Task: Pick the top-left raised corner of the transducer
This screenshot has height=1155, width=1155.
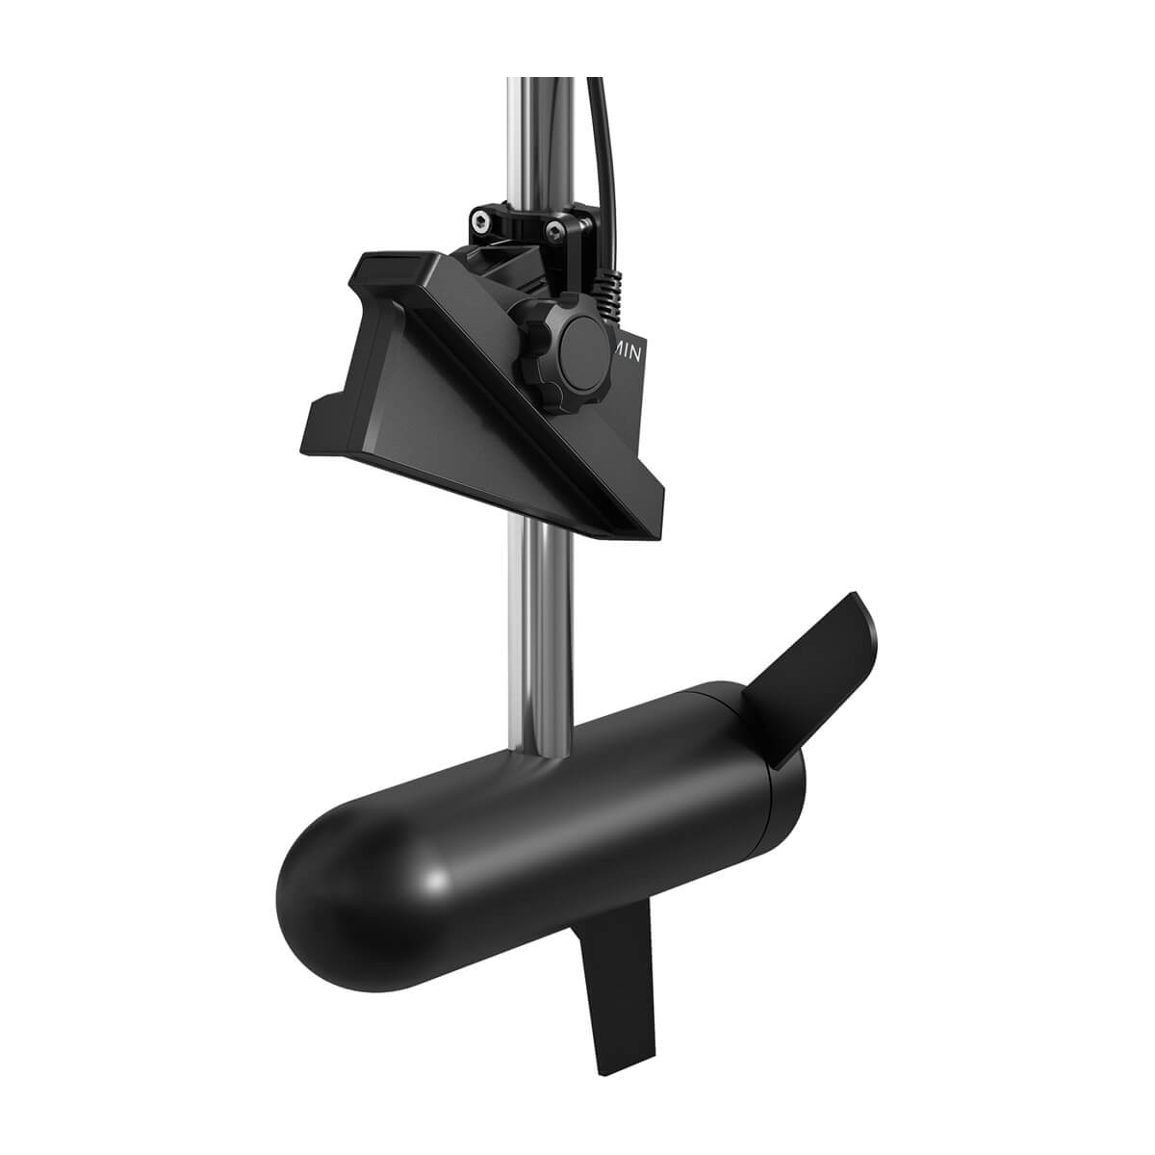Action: pos(385,265)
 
